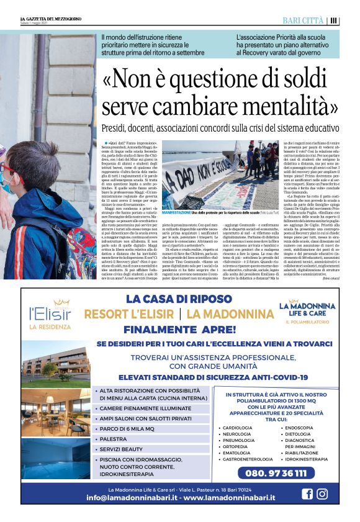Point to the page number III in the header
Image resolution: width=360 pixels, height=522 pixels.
[334, 20]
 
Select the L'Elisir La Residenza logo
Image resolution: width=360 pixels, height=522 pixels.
[52, 313]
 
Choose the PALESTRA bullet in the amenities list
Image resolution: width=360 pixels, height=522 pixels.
[114, 438]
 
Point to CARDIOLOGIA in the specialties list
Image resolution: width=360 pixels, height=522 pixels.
[238, 428]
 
